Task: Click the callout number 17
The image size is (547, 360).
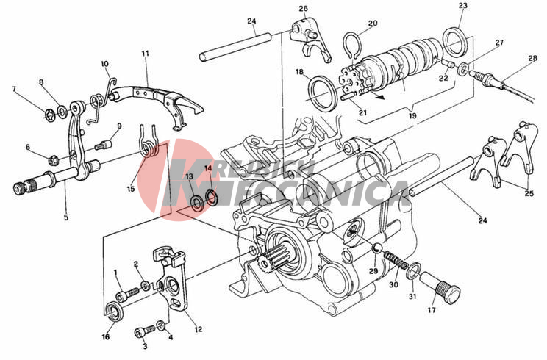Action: (x=432, y=310)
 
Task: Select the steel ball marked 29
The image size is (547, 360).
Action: (x=377, y=248)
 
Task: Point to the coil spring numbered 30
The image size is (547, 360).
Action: (x=396, y=261)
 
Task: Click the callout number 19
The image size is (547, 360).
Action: (x=412, y=115)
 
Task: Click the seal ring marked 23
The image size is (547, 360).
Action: (x=454, y=42)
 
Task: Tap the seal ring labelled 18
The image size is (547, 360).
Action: (x=323, y=95)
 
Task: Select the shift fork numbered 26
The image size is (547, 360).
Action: (x=310, y=40)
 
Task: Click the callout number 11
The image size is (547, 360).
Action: (x=145, y=54)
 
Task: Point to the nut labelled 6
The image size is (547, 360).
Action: (x=53, y=161)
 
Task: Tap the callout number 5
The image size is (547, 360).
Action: (x=66, y=217)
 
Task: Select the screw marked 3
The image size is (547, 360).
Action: (x=144, y=331)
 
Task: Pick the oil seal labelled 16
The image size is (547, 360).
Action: (x=114, y=311)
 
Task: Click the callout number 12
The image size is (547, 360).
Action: (x=199, y=329)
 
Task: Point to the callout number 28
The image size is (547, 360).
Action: (x=532, y=58)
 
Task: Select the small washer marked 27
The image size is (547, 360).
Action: (x=464, y=68)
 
